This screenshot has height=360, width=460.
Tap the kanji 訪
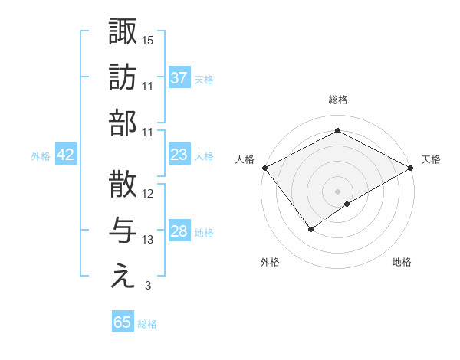(x=123, y=77)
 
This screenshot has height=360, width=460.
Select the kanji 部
(x=123, y=123)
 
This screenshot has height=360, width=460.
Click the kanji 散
(x=123, y=185)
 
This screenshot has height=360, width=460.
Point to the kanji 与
(x=123, y=231)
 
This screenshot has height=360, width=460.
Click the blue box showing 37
(x=179, y=77)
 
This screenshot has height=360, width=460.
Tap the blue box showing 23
(x=179, y=155)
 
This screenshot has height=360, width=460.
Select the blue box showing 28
(x=179, y=231)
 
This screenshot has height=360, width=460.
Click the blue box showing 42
(x=66, y=155)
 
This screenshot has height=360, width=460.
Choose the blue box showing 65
(x=123, y=322)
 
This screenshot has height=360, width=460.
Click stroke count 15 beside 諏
(x=148, y=40)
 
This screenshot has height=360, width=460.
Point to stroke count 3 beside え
(x=148, y=286)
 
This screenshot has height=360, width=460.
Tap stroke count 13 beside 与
(x=148, y=240)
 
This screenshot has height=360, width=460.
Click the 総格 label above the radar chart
(x=338, y=100)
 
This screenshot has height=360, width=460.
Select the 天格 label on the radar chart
(x=431, y=159)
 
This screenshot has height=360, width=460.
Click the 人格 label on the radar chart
(x=245, y=159)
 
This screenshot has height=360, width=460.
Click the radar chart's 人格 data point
(x=264, y=167)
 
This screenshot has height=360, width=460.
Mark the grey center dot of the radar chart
(x=338, y=191)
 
